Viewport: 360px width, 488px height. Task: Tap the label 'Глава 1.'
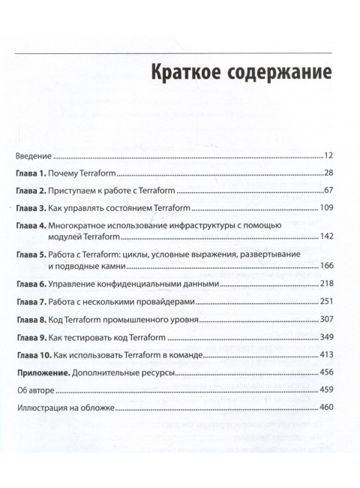tap(31, 173)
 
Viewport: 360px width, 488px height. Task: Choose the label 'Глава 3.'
tap(31, 207)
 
